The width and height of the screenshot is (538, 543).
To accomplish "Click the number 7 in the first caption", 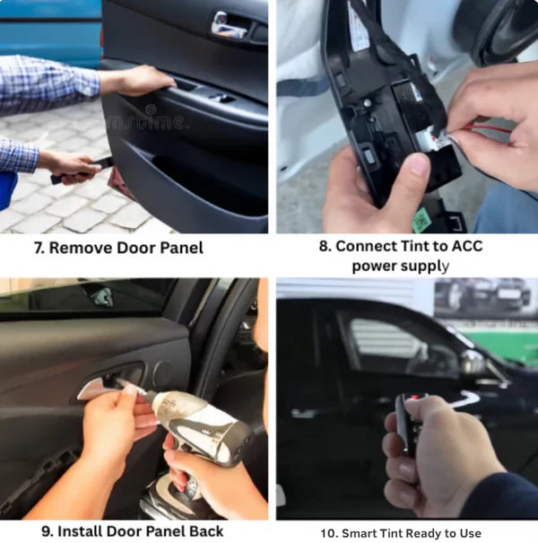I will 39,248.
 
